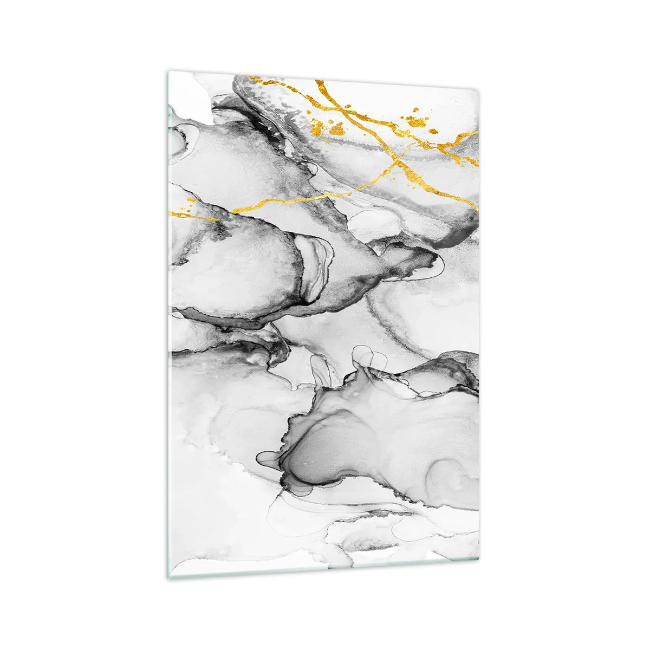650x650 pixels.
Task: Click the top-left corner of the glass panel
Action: pos(167,70)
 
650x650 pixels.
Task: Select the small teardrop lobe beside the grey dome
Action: pos(268,458)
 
